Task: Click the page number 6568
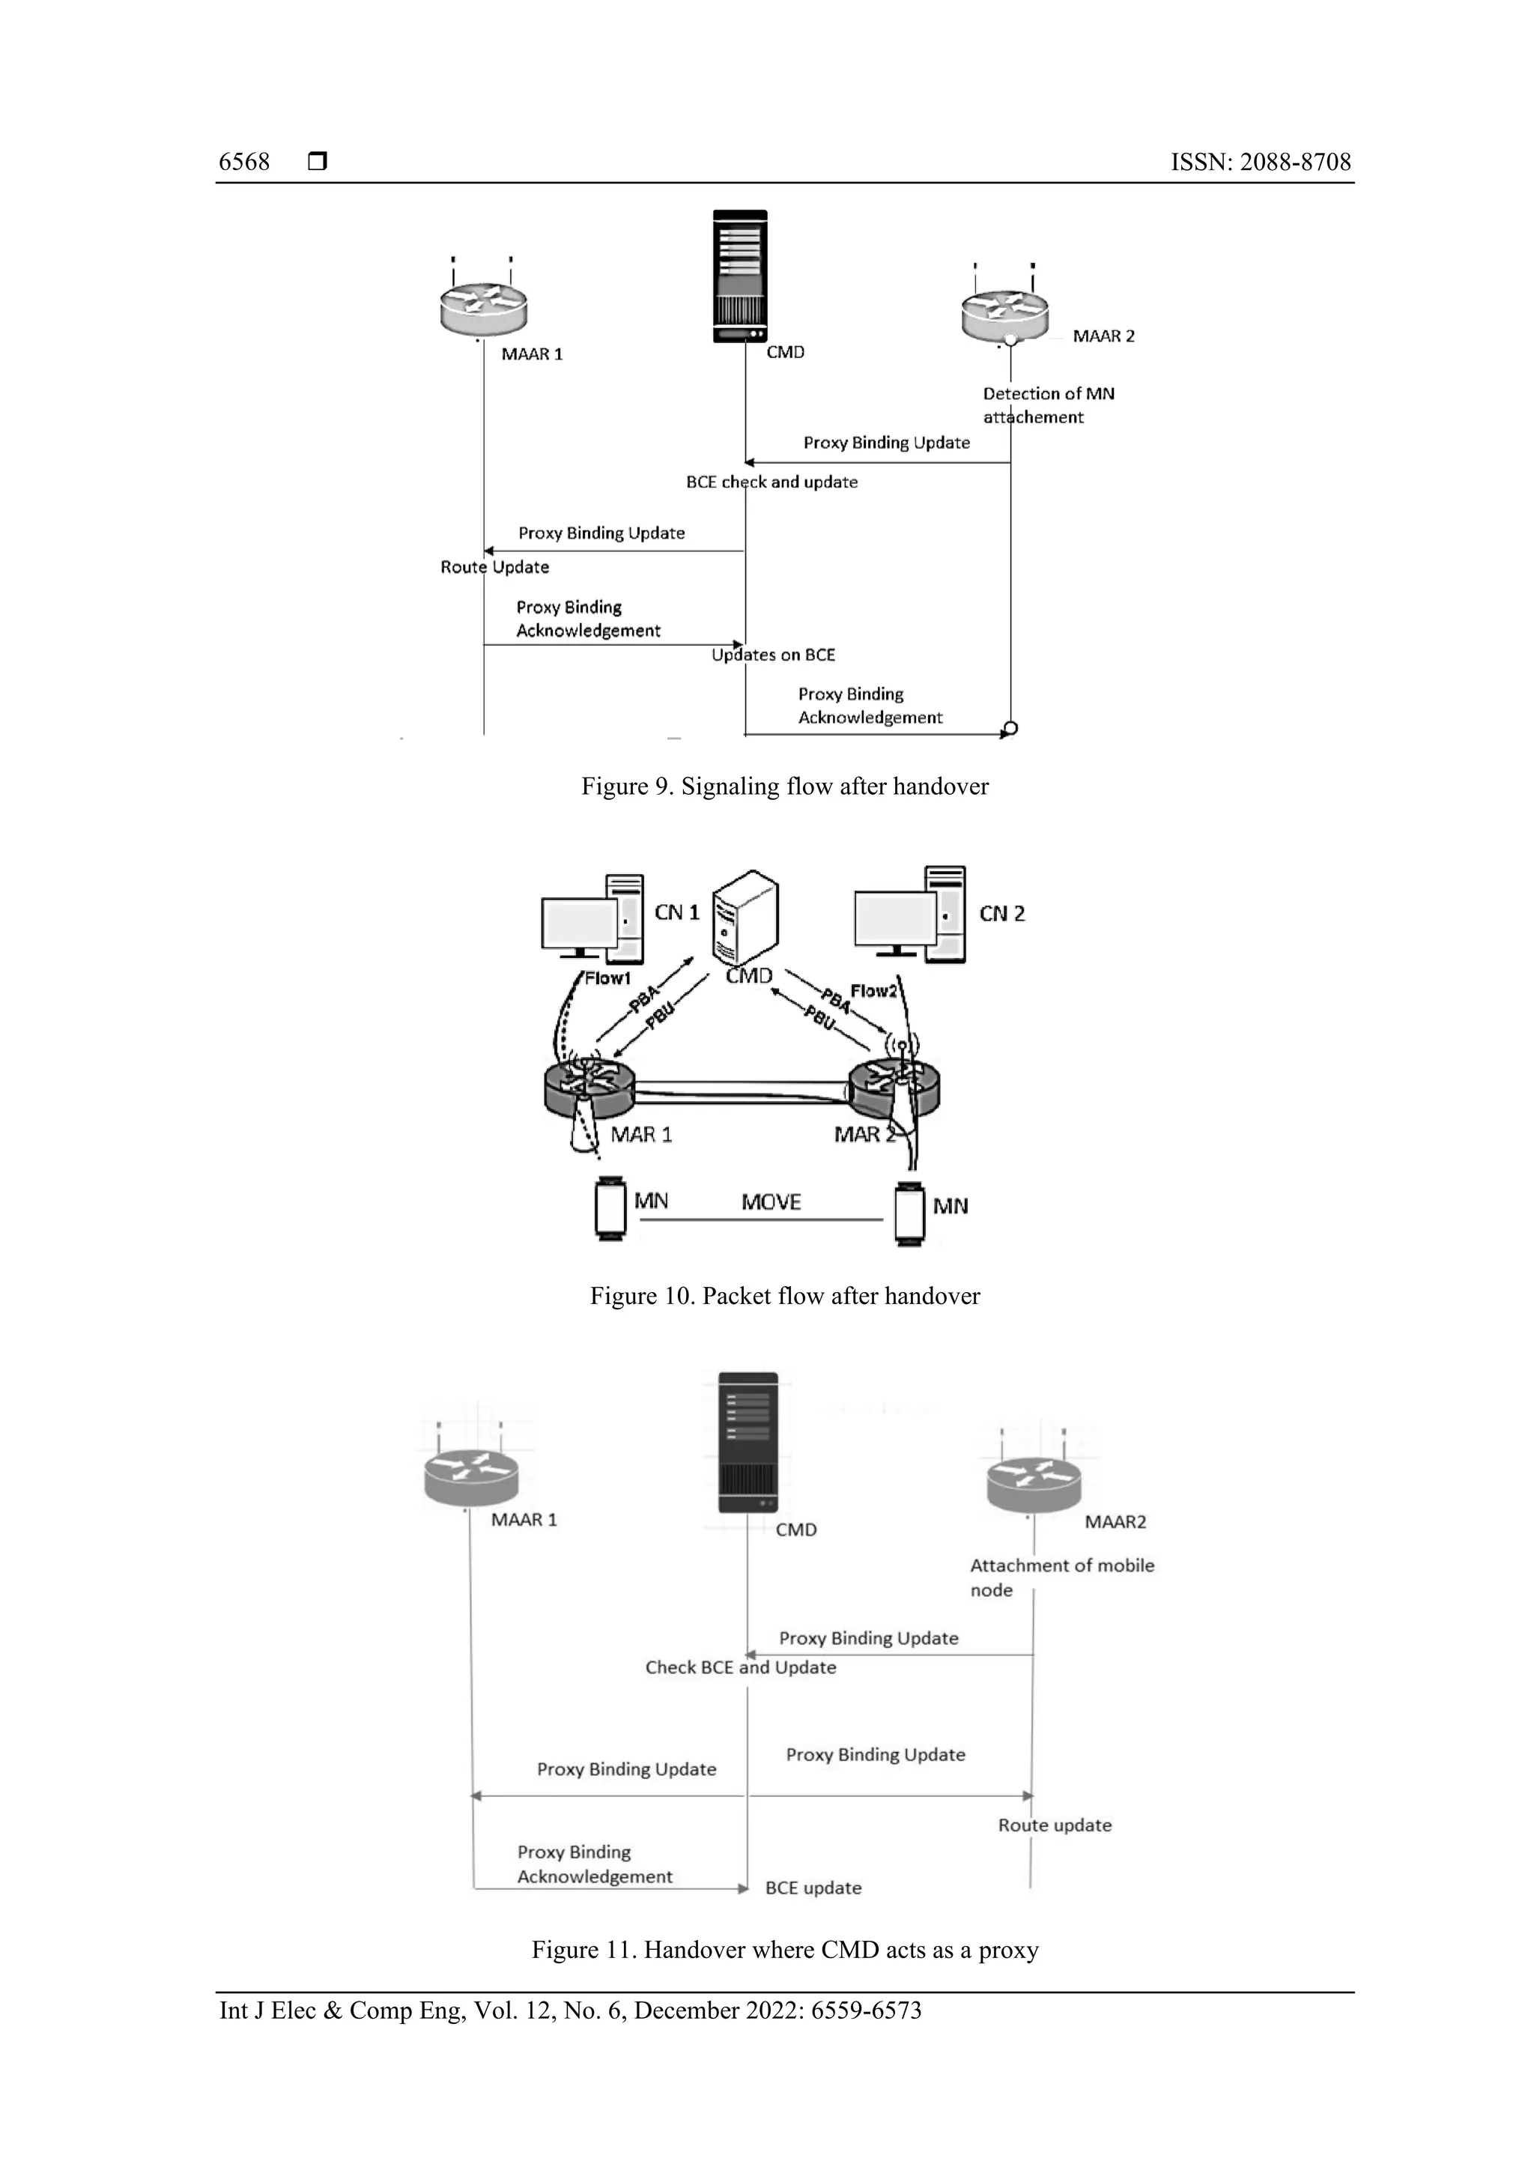244,162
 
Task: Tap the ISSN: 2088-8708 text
1260,162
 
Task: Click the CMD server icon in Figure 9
740,275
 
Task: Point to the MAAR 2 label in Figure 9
1103,336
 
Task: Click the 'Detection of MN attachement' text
1047,405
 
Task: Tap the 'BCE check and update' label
771,482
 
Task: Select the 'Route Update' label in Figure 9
494,567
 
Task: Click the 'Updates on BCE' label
773,655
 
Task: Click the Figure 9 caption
784,787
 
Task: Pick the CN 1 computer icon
592,918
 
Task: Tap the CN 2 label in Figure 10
1002,914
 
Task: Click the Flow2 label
873,990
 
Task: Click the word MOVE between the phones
770,1202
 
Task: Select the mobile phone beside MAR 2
909,1214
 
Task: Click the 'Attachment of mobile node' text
1061,1578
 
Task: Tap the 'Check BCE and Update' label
740,1667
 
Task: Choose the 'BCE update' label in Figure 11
813,1888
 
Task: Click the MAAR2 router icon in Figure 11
1033,1485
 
